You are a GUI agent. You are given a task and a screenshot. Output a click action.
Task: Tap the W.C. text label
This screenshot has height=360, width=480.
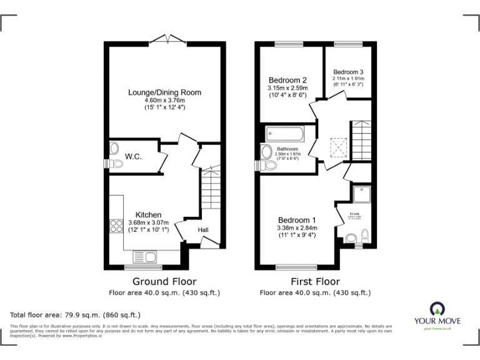click(x=133, y=156)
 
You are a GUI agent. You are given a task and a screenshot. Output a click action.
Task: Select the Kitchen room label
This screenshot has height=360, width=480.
click(x=149, y=214)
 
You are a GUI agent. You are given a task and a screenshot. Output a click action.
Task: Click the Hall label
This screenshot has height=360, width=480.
click(x=203, y=230)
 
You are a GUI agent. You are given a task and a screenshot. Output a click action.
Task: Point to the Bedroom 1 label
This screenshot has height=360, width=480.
click(x=297, y=220)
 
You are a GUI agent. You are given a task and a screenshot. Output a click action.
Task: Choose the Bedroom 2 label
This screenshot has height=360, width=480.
click(x=287, y=81)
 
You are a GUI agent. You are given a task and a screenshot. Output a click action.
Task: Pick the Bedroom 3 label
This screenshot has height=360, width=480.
click(x=347, y=72)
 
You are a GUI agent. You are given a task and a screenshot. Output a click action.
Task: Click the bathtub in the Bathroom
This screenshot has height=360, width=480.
click(x=284, y=133)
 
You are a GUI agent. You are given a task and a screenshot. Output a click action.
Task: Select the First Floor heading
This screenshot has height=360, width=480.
click(x=316, y=282)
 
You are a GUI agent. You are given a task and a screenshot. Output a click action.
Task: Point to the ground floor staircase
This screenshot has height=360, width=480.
click(x=211, y=194)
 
